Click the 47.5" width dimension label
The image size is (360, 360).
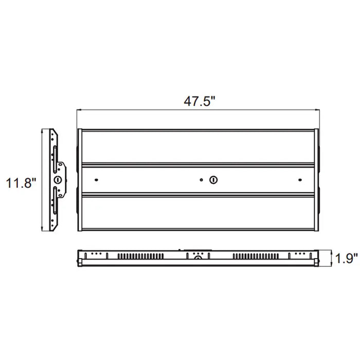click(200, 101)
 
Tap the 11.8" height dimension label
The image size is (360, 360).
click(21, 183)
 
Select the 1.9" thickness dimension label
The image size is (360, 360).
click(347, 258)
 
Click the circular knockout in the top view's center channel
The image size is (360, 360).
click(213, 180)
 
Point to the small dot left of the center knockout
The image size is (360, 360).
click(202, 180)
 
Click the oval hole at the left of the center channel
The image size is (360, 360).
click(97, 180)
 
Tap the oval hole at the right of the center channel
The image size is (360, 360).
click(300, 180)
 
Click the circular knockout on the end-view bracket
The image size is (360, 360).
click(58, 179)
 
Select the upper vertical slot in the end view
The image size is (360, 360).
click(55, 159)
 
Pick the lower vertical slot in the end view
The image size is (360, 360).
click(55, 200)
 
